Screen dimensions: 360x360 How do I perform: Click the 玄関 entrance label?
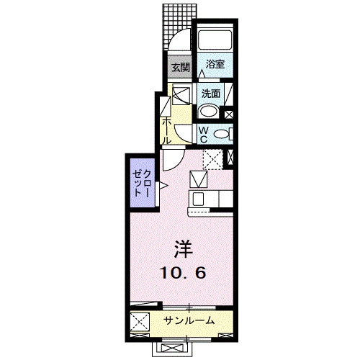coord(180,68)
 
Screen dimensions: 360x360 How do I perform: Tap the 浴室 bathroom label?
coord(214,64)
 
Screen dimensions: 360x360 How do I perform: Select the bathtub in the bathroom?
coord(214,40)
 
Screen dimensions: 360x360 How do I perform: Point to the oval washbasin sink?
coord(210,111)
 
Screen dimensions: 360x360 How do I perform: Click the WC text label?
coord(203,135)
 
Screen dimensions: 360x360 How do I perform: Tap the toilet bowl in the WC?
coord(222,134)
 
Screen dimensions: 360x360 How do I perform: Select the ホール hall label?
coord(166,130)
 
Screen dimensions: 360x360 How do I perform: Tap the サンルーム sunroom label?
coord(189,320)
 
